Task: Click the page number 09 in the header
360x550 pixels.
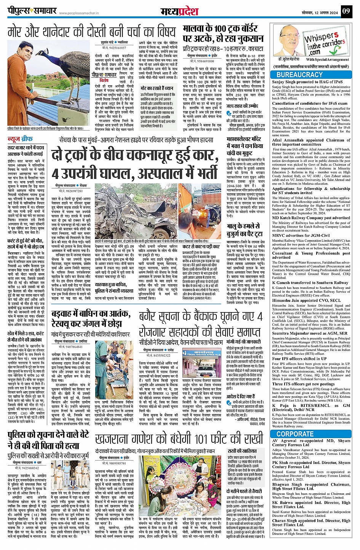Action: coord(346,11)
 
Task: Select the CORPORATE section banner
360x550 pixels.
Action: coord(295,434)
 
